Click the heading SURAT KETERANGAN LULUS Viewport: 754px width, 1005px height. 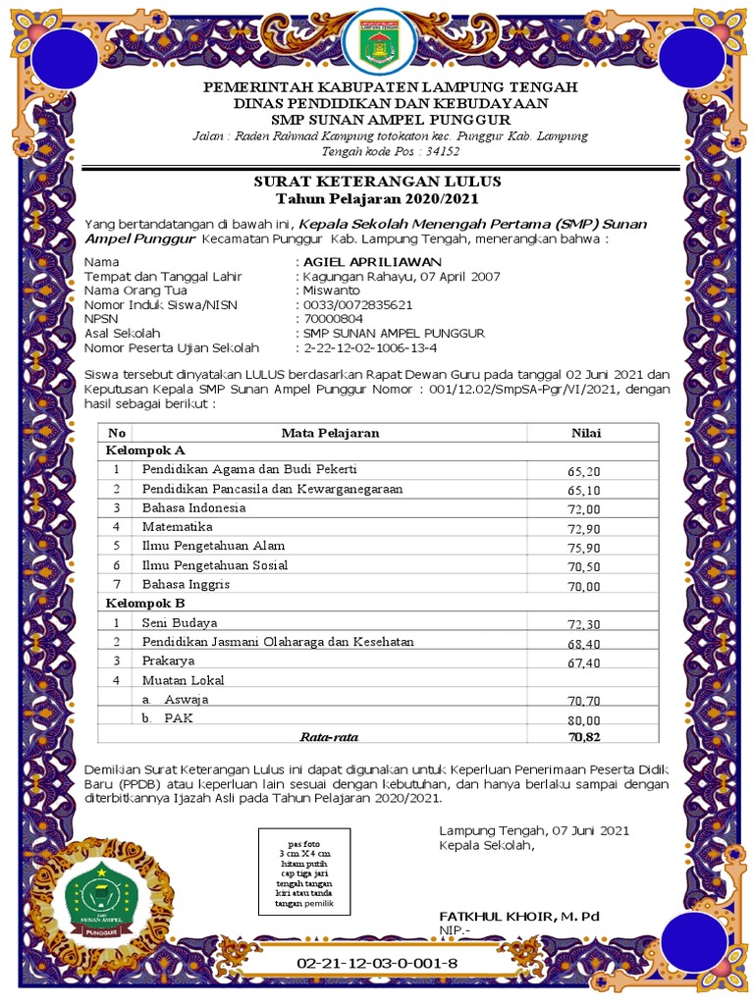(x=378, y=182)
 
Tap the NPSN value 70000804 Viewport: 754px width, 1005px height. (x=334, y=319)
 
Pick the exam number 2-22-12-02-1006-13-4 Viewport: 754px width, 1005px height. (x=371, y=347)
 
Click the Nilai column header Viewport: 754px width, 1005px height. (x=586, y=433)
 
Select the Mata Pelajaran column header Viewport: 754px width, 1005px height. (x=330, y=433)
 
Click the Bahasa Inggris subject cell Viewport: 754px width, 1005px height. (x=186, y=584)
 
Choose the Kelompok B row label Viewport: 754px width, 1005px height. (x=145, y=603)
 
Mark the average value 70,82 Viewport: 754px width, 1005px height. (x=583, y=736)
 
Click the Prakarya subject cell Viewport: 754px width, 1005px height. (x=168, y=660)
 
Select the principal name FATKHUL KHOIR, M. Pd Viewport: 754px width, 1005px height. (x=519, y=916)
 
